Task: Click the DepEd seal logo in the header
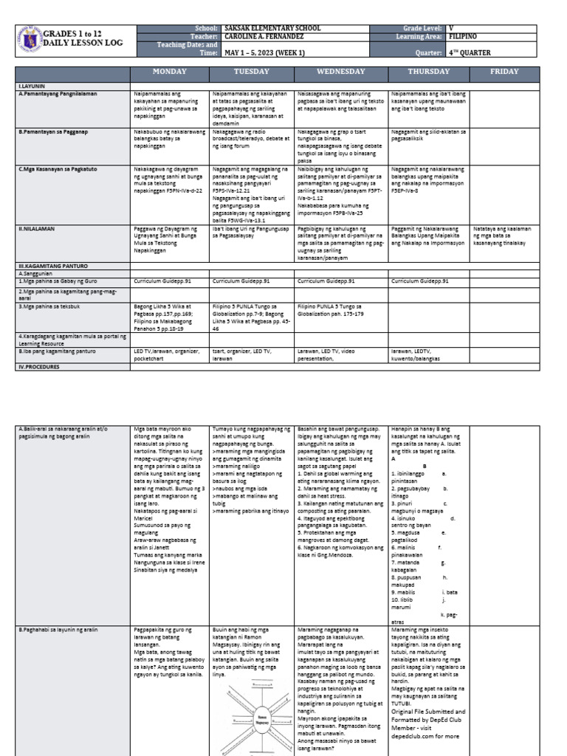[29, 40]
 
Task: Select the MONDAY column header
[170, 72]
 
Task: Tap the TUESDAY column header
[252, 72]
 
